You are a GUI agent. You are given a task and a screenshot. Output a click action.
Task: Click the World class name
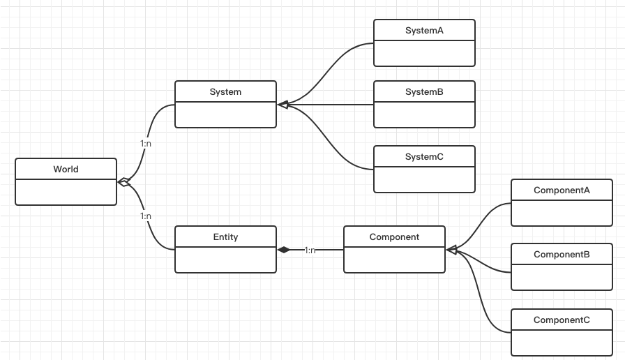[x=66, y=170]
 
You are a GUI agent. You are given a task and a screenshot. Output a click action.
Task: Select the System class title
[x=225, y=92]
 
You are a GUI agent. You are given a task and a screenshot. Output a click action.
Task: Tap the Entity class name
[x=225, y=237]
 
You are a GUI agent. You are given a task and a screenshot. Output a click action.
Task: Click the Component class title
[x=394, y=237]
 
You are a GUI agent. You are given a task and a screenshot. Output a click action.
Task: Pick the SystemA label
[x=424, y=31]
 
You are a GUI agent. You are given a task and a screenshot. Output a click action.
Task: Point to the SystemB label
[x=424, y=92]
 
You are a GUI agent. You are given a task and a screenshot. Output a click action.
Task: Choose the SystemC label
[x=424, y=157]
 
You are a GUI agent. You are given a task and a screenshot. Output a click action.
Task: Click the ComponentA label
[x=562, y=190]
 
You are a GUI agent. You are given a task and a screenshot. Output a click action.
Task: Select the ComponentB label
[x=562, y=255]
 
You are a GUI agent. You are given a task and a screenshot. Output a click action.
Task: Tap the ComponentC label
[x=562, y=320]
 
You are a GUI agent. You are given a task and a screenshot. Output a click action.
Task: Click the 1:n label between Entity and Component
[x=310, y=250]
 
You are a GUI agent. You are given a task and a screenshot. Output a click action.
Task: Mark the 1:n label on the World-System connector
[x=146, y=143]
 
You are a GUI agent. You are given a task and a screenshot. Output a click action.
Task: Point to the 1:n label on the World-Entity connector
[x=146, y=216]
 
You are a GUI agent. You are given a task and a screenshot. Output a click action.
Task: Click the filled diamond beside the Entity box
[x=283, y=249]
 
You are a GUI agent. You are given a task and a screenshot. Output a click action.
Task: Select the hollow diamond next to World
[x=123, y=182]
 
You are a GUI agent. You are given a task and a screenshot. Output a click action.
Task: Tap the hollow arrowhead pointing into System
[x=283, y=105]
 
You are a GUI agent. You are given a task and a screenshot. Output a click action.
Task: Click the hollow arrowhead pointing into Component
[x=451, y=249]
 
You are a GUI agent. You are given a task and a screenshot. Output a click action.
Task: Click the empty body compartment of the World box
[x=66, y=192]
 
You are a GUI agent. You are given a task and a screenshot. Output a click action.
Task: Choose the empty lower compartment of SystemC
[x=424, y=179]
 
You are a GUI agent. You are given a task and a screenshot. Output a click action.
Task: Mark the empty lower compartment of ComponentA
[x=562, y=213]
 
